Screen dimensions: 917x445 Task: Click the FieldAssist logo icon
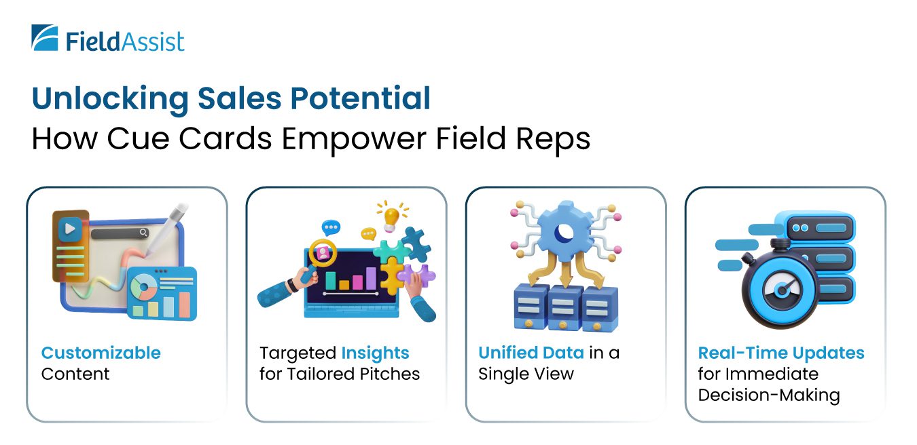pyautogui.click(x=45, y=37)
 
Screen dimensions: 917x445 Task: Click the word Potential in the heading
pyautogui.click(x=360, y=98)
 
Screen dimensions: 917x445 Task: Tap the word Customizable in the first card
pyautogui.click(x=101, y=353)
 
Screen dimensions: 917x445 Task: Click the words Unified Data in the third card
pyautogui.click(x=531, y=353)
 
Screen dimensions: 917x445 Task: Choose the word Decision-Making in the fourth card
pyautogui.click(x=769, y=395)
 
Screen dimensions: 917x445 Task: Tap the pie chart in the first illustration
pyautogui.click(x=143, y=287)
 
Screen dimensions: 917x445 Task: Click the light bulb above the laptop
pyautogui.click(x=391, y=218)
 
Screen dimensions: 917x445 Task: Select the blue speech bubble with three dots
pyautogui.click(x=331, y=227)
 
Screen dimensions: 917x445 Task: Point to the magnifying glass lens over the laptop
pyautogui.click(x=323, y=253)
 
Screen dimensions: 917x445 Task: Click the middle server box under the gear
pyautogui.click(x=566, y=308)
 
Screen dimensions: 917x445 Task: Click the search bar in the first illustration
pyautogui.click(x=120, y=233)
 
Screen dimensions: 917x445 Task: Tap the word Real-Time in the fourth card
pyautogui.click(x=742, y=353)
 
